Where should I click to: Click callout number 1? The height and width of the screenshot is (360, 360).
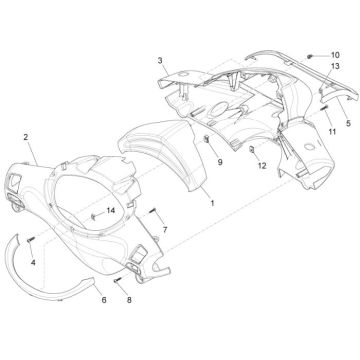(211, 201)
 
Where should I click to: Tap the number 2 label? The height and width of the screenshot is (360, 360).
(27, 135)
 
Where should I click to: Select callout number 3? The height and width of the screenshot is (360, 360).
(159, 61)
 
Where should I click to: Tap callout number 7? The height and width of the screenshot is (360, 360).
(165, 230)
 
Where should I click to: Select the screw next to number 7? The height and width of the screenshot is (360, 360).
(154, 212)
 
